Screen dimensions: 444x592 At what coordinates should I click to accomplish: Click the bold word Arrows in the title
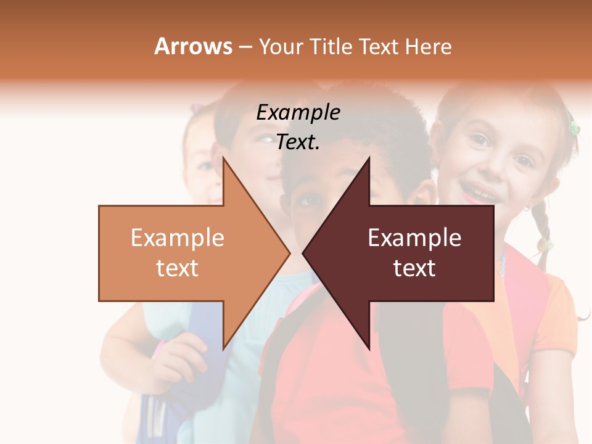193,46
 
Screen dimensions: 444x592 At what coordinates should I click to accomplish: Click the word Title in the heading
330,46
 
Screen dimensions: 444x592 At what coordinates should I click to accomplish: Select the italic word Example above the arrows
298,113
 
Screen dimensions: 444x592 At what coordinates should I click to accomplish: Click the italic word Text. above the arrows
298,142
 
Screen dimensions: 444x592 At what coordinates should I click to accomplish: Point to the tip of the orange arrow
289,253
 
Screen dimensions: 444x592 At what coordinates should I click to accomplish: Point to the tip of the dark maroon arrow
304,253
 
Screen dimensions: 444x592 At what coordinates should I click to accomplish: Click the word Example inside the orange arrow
178,238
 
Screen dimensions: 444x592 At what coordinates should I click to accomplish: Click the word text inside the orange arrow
178,268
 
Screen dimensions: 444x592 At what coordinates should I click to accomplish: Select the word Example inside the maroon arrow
414,238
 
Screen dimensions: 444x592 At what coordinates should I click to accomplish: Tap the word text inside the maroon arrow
414,268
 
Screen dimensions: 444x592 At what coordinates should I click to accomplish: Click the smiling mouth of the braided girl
480,192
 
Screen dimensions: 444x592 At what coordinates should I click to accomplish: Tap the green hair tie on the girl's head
574,128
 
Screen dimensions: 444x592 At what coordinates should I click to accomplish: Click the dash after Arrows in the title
245,47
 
